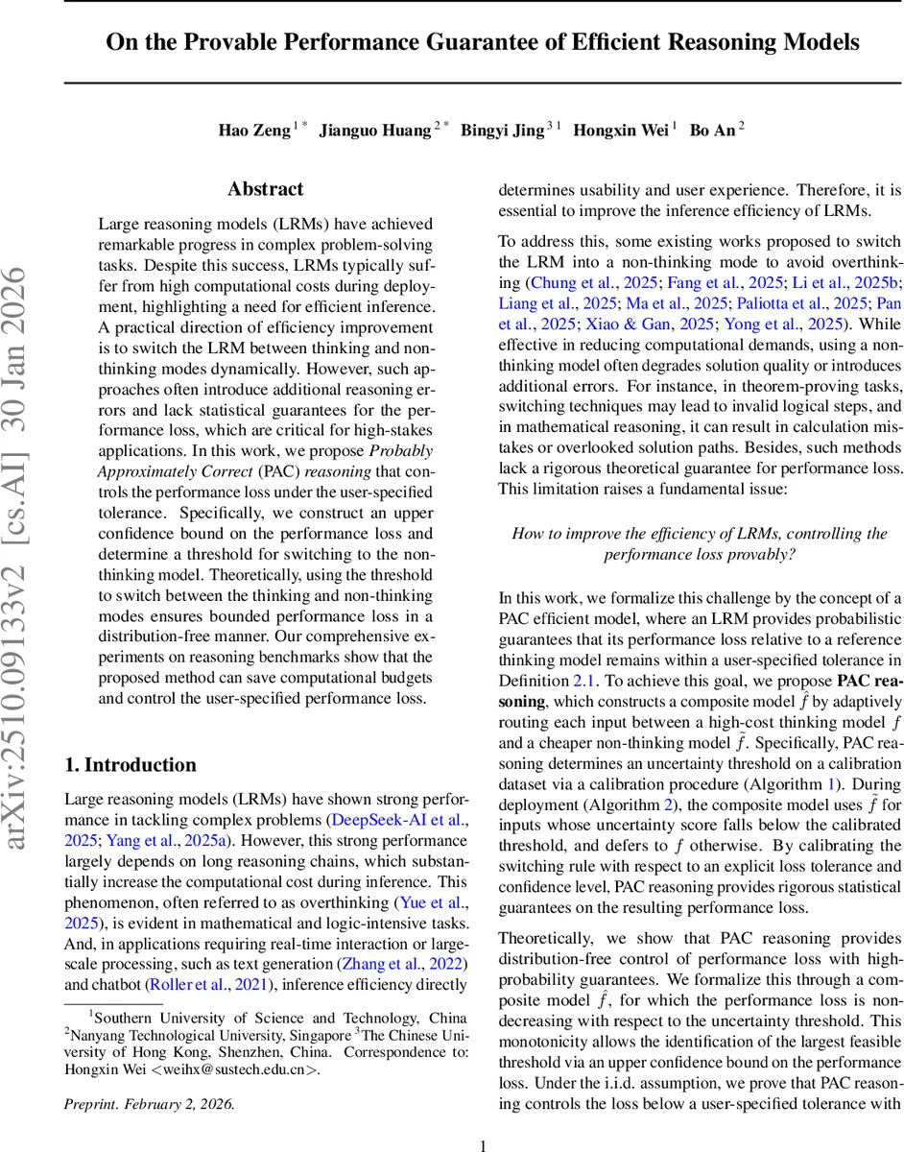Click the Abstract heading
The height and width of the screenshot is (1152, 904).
pos(265,189)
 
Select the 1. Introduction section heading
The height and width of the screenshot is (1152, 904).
pos(130,765)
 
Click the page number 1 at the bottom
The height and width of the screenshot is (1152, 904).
pos(484,1144)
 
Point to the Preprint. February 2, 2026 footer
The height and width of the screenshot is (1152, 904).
pos(149,1103)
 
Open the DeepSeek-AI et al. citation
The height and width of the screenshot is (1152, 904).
pos(397,821)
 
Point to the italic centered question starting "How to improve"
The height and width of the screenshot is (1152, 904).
pos(700,543)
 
